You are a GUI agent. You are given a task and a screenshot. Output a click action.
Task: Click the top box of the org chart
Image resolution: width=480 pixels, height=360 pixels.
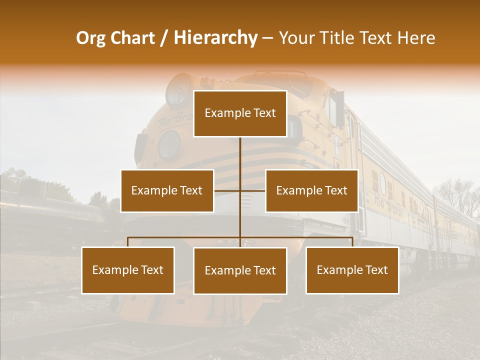pos(240,113)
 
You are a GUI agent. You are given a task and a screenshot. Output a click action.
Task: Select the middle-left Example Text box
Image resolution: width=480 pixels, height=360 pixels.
pos(167,190)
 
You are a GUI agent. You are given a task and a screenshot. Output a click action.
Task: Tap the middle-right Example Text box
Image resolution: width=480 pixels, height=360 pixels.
pos(311,190)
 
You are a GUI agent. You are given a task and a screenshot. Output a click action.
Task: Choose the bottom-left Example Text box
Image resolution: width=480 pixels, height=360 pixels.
pos(128,270)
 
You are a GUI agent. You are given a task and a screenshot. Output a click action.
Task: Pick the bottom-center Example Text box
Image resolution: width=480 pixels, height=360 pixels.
pos(240,270)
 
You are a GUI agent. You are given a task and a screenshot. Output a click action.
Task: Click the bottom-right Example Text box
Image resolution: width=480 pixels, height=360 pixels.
pos(352,270)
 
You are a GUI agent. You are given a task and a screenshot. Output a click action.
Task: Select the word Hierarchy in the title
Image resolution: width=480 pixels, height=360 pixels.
pos(215,38)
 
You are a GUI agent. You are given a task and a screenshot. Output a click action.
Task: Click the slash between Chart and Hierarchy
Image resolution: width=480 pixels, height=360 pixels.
pos(164,38)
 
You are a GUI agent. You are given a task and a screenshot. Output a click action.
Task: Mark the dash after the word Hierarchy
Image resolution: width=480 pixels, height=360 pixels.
pos(267,38)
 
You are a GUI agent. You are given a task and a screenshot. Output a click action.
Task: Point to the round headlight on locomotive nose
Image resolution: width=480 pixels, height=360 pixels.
pos(169,144)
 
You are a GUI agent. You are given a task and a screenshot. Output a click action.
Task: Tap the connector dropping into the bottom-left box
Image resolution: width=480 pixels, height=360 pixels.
pos(128,242)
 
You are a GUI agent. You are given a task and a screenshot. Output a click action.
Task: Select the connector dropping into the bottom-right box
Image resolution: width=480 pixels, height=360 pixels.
pos(352,242)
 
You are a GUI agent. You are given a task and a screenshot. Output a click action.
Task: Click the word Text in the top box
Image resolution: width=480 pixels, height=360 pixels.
pos(264,113)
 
